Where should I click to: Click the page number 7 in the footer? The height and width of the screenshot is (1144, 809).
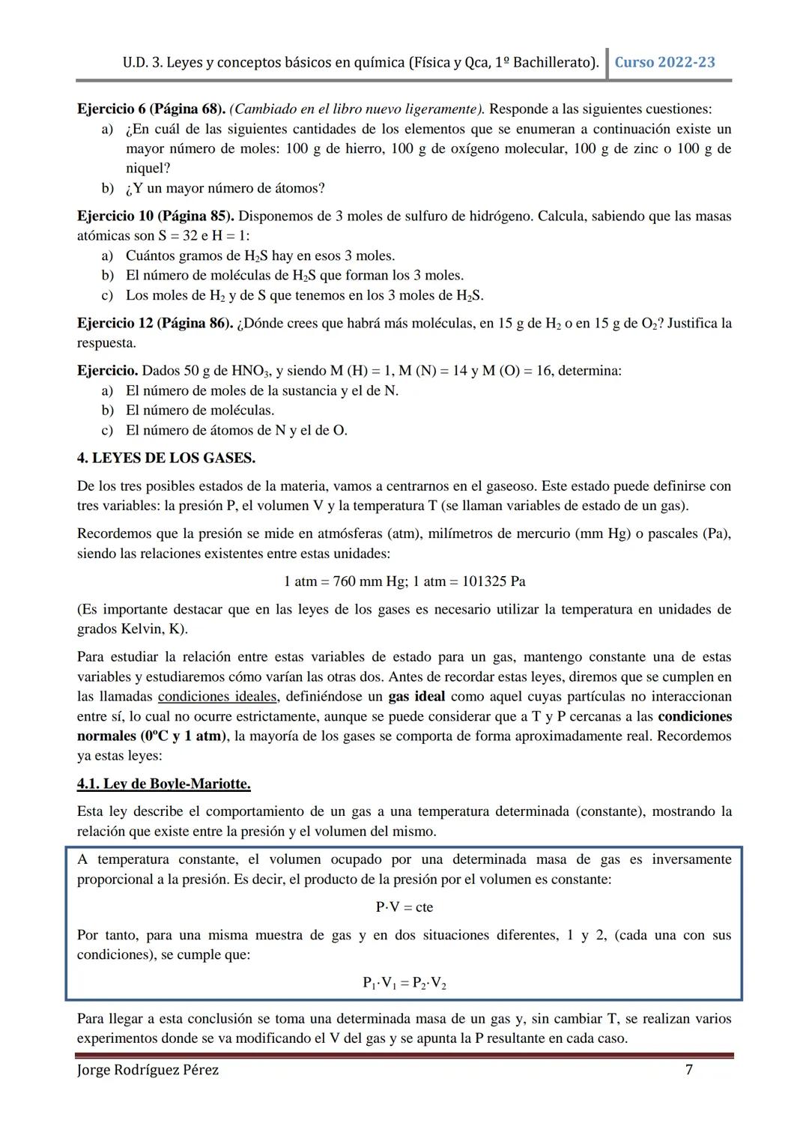click(x=689, y=1069)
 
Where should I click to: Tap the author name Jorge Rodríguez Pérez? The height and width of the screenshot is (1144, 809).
click(x=148, y=1070)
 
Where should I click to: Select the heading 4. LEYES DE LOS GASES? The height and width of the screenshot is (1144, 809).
click(x=166, y=458)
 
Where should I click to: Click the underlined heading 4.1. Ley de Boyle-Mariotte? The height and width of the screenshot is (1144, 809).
click(x=163, y=784)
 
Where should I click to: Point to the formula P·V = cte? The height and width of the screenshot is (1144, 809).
click(x=404, y=907)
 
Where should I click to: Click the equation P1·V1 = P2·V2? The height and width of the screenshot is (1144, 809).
click(x=404, y=983)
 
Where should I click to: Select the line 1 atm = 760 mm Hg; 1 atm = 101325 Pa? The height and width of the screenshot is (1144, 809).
click(x=404, y=581)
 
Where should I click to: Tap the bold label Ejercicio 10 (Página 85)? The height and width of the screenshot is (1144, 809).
click(x=156, y=216)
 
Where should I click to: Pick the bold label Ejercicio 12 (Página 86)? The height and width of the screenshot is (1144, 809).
click(x=155, y=324)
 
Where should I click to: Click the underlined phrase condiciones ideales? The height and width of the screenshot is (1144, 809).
click(x=217, y=697)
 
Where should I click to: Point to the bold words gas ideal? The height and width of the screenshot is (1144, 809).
click(x=416, y=697)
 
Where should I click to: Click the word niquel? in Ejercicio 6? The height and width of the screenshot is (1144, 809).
click(x=148, y=169)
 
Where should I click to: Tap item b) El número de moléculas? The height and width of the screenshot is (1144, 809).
click(x=199, y=411)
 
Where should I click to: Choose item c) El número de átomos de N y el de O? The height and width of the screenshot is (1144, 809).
click(x=236, y=430)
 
